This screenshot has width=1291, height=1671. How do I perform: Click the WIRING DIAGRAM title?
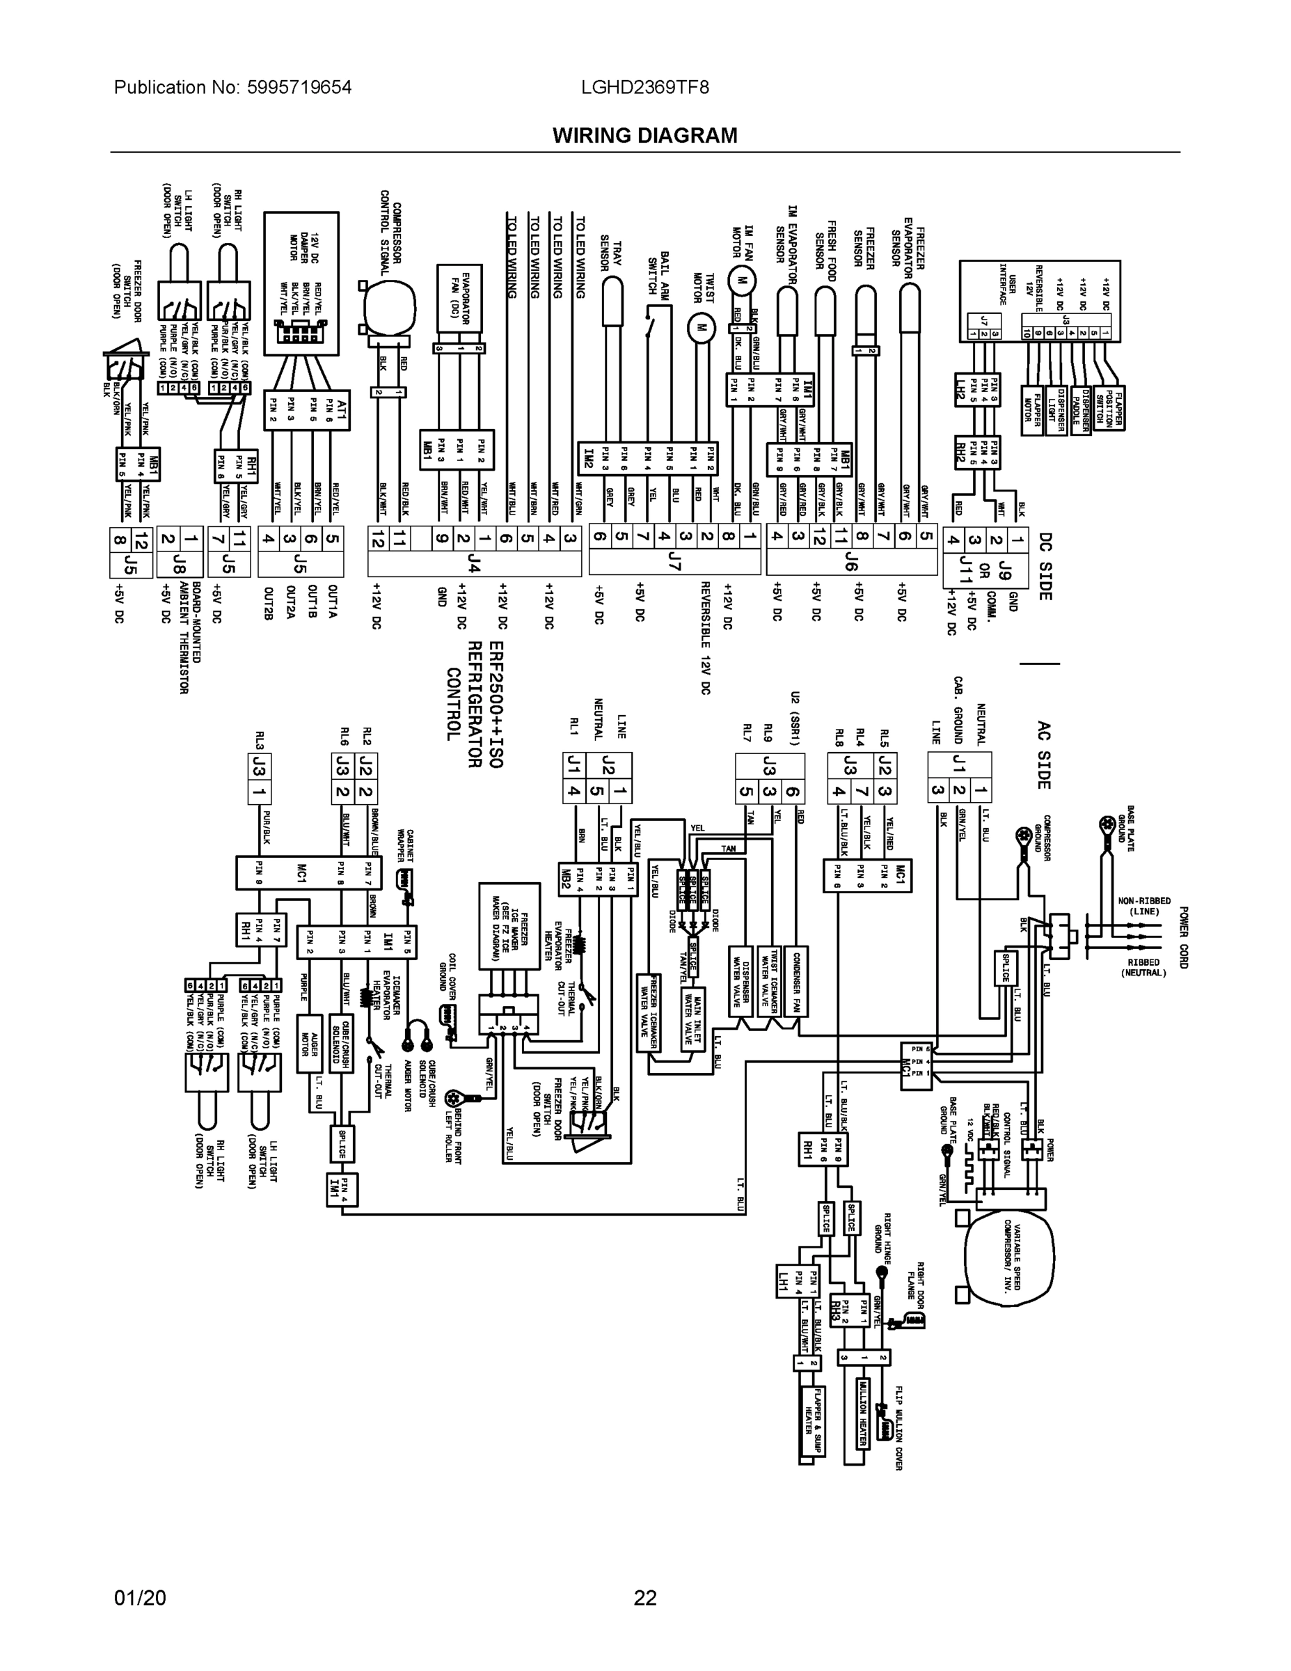[x=644, y=136]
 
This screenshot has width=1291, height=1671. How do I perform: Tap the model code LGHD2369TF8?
[x=644, y=87]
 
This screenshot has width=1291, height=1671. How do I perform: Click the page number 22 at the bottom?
[x=644, y=1598]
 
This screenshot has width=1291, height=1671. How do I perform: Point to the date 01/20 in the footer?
[x=139, y=1598]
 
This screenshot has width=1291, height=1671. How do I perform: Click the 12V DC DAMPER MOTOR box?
[x=301, y=283]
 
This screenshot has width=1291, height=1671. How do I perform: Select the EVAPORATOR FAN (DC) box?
[x=459, y=299]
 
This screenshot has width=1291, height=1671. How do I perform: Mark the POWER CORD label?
[x=1184, y=938]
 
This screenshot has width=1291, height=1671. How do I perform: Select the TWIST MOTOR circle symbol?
[x=698, y=327]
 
